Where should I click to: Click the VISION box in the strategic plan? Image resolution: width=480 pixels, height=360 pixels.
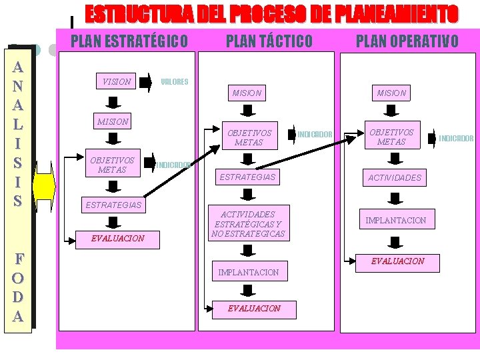pyautogui.click(x=117, y=81)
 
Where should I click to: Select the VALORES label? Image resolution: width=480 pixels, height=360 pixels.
pyautogui.click(x=175, y=82)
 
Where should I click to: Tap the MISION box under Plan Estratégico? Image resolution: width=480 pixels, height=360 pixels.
pyautogui.click(x=113, y=122)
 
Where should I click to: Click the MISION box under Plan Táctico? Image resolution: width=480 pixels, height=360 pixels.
pyautogui.click(x=247, y=93)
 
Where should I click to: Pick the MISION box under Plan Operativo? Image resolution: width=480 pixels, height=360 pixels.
pyautogui.click(x=391, y=93)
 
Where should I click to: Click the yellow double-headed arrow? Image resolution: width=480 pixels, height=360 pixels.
pyautogui.click(x=44, y=186)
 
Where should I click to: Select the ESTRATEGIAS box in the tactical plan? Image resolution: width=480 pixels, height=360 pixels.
pyautogui.click(x=247, y=177)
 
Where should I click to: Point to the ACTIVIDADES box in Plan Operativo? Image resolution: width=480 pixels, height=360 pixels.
pyautogui.click(x=395, y=177)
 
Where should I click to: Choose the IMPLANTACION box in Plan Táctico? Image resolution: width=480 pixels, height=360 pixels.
pyautogui.click(x=249, y=272)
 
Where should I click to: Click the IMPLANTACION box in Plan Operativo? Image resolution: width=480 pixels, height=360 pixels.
pyautogui.click(x=395, y=220)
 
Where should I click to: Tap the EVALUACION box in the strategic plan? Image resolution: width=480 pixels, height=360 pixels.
pyautogui.click(x=117, y=238)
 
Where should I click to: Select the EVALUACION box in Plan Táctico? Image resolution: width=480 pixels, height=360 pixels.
pyautogui.click(x=254, y=309)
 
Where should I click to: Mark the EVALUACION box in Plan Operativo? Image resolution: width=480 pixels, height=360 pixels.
pyautogui.click(x=397, y=261)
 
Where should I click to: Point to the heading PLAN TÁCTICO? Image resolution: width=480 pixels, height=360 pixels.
pyautogui.click(x=269, y=41)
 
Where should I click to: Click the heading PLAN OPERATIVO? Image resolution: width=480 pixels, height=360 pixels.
pyautogui.click(x=407, y=41)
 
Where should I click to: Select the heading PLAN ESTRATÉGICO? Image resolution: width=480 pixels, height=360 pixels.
pyautogui.click(x=129, y=41)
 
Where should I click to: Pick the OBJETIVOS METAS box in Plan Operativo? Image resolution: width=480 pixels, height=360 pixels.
pyautogui.click(x=391, y=137)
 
